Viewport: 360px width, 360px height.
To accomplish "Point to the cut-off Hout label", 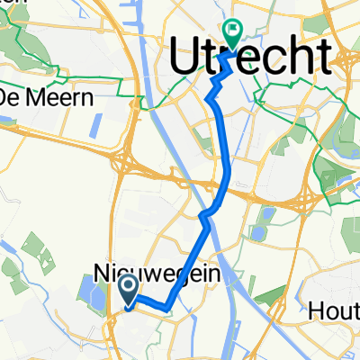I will click(334, 310).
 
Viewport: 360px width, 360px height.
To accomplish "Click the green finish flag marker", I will click(233, 35).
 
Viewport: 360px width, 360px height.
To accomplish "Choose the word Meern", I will click(64, 97).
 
